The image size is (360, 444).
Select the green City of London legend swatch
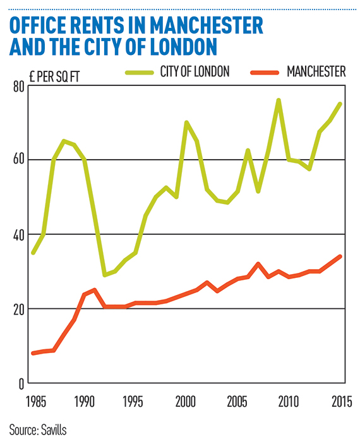pos(140,73)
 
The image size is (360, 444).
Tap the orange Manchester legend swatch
pos(265,73)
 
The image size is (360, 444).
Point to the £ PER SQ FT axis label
pos(54,76)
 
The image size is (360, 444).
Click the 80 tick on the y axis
pos(19,87)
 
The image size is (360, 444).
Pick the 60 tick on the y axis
pos(19,160)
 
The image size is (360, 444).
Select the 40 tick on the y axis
pos(19,235)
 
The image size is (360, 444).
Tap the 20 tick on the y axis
pos(19,309)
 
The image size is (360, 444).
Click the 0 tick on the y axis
pos(21,384)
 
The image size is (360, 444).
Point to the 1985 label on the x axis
pos(36,402)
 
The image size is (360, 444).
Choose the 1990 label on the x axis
pos(85,402)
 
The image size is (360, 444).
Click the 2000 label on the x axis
pos(186,402)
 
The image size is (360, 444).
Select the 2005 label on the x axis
pos(237,402)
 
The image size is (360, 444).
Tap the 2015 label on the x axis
pos(342,402)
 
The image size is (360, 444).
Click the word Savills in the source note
pos(54,430)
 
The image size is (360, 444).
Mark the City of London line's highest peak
pos(279,100)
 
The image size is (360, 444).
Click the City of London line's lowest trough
pos(105,275)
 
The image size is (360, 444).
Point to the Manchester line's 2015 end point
pos(340,256)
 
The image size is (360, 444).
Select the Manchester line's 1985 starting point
pos(33,353)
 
